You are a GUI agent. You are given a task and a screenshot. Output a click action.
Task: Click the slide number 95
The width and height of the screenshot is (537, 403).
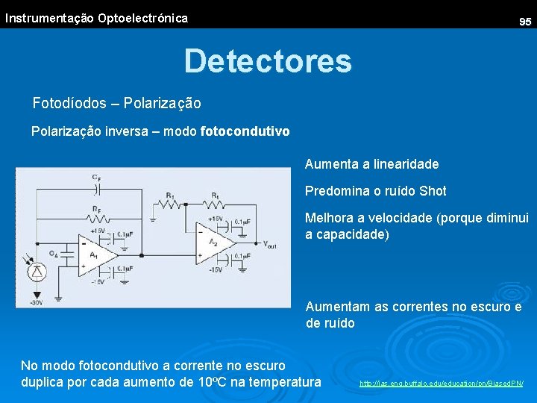point(525,22)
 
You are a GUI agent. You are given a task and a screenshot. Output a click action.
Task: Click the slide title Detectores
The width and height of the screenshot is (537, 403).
point(268,60)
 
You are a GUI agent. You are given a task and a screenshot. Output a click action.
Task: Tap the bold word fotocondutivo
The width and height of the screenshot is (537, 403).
point(245,131)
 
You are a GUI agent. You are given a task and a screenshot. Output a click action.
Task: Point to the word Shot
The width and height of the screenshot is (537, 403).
point(433,191)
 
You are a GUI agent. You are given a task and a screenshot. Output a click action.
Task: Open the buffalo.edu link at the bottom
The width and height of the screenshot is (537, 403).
point(442,384)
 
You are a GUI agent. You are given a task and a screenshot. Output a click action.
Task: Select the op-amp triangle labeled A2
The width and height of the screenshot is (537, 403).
point(214,242)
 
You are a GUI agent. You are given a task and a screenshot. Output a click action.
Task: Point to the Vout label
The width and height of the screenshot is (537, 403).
point(270,243)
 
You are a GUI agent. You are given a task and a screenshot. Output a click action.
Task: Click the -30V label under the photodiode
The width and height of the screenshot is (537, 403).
point(35,302)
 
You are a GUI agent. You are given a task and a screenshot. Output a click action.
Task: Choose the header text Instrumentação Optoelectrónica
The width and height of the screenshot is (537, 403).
point(96,18)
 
